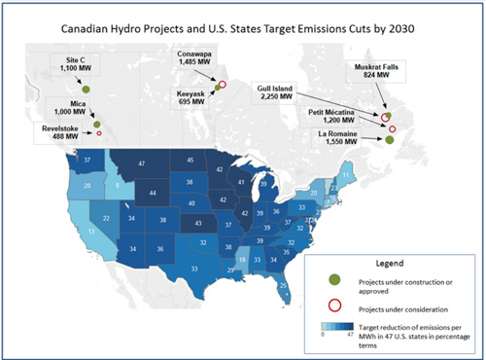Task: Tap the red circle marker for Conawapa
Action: pyautogui.click(x=223, y=85)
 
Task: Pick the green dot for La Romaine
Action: pyautogui.click(x=389, y=140)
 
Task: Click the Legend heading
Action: pyautogui.click(x=390, y=263)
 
